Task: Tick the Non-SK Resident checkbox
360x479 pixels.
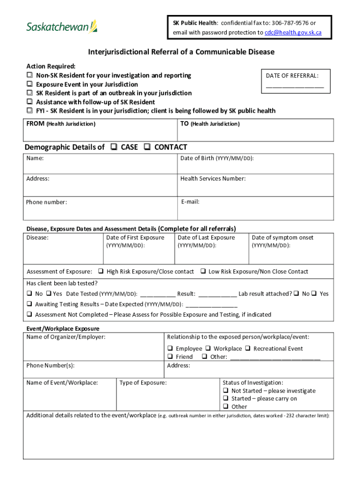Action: pos(29,75)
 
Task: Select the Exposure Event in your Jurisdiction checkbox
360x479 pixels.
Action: pos(29,84)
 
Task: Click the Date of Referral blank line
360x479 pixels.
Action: pos(295,86)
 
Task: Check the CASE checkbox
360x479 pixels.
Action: pos(114,147)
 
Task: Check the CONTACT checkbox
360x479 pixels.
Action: pos(147,147)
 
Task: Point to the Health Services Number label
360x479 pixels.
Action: pos(213,178)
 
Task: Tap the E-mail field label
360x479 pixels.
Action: pos(190,202)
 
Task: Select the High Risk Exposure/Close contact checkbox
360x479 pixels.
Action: pos(101,271)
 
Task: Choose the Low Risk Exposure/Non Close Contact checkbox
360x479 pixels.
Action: pos(203,271)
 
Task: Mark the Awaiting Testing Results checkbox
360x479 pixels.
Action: pos(29,304)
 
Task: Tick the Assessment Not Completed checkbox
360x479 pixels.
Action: pos(29,315)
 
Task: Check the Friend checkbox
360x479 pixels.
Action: pos(170,356)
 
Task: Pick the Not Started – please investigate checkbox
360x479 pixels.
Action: pos(226,391)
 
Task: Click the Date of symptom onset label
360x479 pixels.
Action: pos(282,238)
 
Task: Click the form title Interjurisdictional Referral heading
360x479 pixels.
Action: pos(181,52)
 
